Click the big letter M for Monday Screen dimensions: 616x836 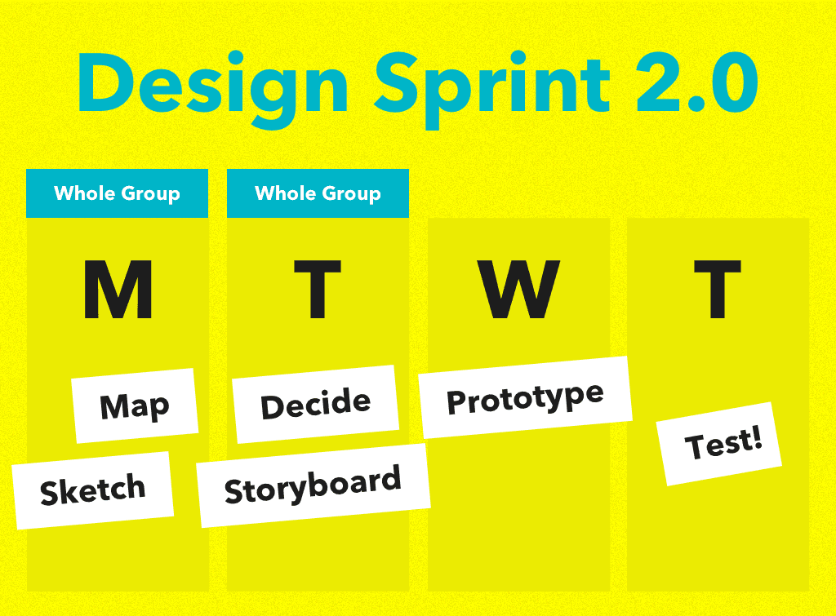coord(118,290)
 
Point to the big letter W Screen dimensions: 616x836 coord(519,290)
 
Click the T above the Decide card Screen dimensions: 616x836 coord(318,290)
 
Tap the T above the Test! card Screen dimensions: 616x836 coord(718,290)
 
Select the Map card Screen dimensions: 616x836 coord(135,405)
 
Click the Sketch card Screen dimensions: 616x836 coord(92,490)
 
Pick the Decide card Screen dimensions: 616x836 coord(315,404)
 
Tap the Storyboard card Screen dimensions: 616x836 coord(313,486)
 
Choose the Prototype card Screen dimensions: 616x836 coord(526,398)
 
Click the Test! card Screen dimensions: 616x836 coord(719,444)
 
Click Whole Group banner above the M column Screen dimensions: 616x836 coord(117,193)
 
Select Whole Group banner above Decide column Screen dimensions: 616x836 coord(318,193)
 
